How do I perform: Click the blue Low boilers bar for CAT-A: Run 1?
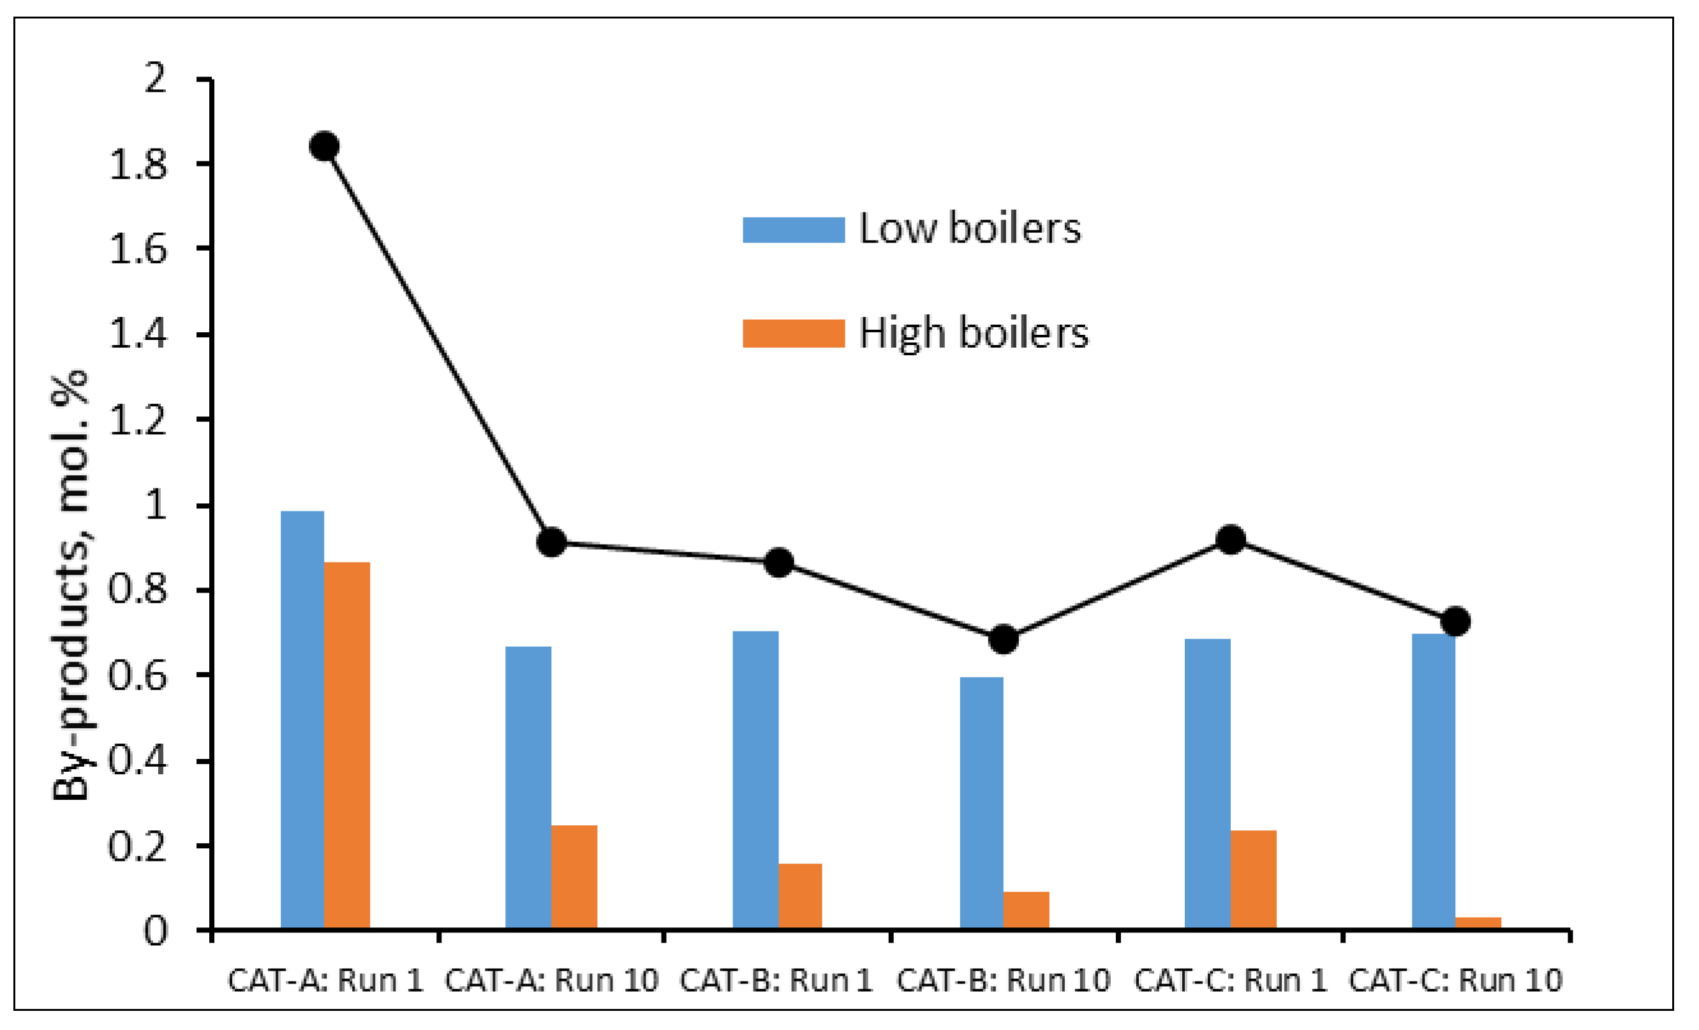pyautogui.click(x=302, y=721)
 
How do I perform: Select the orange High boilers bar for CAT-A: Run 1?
pyautogui.click(x=347, y=746)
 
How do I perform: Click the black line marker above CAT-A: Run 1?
pyautogui.click(x=324, y=146)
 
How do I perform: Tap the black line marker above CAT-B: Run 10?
pyautogui.click(x=1004, y=640)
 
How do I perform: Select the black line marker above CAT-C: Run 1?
pyautogui.click(x=1231, y=539)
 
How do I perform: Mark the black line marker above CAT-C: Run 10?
pyautogui.click(x=1455, y=621)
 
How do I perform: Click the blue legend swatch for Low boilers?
pyautogui.click(x=793, y=230)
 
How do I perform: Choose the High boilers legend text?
pyautogui.click(x=973, y=334)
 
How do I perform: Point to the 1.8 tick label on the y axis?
pyautogui.click(x=138, y=165)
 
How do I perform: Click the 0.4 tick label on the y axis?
pyautogui.click(x=138, y=761)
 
